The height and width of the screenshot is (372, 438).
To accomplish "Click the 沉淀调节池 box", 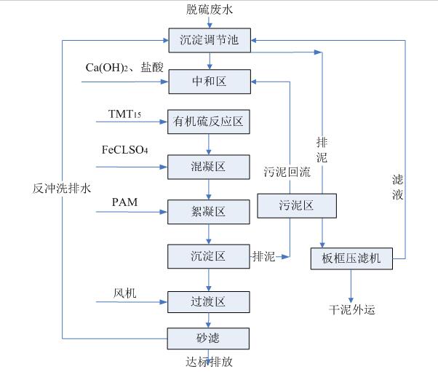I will click(209, 39).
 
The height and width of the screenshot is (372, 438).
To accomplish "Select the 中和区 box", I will click(209, 81).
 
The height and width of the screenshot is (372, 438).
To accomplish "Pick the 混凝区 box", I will click(209, 167).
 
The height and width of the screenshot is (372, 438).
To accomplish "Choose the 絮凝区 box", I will click(209, 212).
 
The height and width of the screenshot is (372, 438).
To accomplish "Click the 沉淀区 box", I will click(209, 256).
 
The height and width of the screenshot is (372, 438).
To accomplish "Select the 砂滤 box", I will click(209, 339).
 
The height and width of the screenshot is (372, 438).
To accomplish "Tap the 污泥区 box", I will click(297, 206).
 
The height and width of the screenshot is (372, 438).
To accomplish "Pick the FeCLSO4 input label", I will click(125, 150).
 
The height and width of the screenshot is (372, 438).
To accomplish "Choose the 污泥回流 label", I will click(287, 172).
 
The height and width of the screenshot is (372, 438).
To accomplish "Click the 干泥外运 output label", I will click(351, 309).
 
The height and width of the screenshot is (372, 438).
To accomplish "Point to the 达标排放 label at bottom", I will click(210, 362).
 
